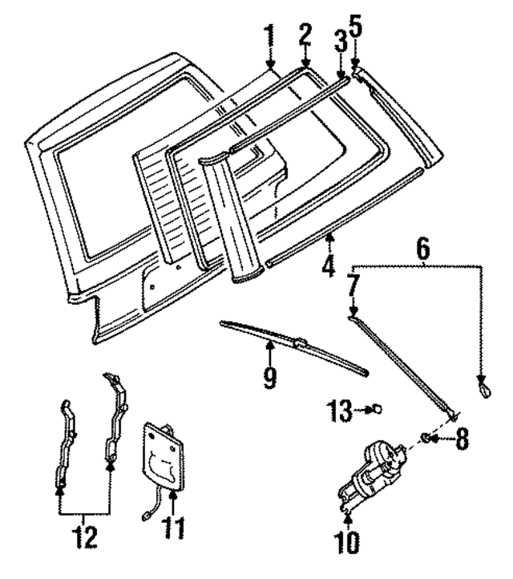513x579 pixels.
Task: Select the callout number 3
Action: tap(340, 41)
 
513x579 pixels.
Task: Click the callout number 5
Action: tap(356, 27)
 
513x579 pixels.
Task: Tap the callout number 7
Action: tap(353, 285)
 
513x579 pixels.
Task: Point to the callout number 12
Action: tap(85, 536)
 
